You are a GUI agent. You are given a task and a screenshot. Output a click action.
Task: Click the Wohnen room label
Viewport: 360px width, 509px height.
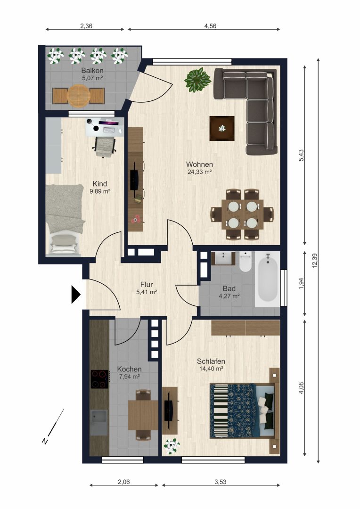click(199, 164)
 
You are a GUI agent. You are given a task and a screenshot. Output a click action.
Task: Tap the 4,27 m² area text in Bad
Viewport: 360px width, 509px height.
click(229, 296)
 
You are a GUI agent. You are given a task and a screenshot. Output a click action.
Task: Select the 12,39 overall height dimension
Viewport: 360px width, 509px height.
click(314, 261)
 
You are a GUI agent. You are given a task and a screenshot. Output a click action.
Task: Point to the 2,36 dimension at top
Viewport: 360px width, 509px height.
click(86, 26)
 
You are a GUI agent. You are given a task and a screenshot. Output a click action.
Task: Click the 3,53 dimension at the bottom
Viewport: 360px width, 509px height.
click(221, 482)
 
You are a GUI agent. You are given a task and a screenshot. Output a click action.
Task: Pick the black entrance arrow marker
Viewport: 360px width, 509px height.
click(76, 295)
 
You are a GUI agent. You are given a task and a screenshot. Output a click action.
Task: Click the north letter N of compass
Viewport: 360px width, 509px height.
click(45, 441)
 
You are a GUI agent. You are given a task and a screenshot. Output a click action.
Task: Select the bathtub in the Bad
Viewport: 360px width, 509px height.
click(268, 279)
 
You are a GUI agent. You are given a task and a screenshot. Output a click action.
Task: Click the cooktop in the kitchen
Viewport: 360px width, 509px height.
click(99, 379)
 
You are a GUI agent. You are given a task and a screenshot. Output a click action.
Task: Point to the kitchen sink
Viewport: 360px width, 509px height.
click(99, 422)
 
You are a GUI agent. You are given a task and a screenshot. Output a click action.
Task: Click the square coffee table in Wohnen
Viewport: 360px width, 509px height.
click(222, 129)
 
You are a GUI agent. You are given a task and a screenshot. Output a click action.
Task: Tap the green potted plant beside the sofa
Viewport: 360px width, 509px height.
click(198, 80)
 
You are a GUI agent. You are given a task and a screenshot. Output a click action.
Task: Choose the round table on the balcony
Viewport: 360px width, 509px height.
click(78, 96)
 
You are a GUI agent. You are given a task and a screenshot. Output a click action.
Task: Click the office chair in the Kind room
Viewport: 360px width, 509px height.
click(105, 146)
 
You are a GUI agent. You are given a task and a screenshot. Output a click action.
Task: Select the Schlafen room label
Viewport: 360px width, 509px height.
click(211, 361)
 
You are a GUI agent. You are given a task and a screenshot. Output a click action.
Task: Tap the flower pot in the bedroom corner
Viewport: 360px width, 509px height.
click(172, 446)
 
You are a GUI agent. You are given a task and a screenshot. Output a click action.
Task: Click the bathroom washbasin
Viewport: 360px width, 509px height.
click(224, 258)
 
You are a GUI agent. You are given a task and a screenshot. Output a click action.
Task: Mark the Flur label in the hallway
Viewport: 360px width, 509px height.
click(147, 285)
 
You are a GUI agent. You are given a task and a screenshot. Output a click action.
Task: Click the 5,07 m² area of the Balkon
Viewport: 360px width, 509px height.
click(92, 78)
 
